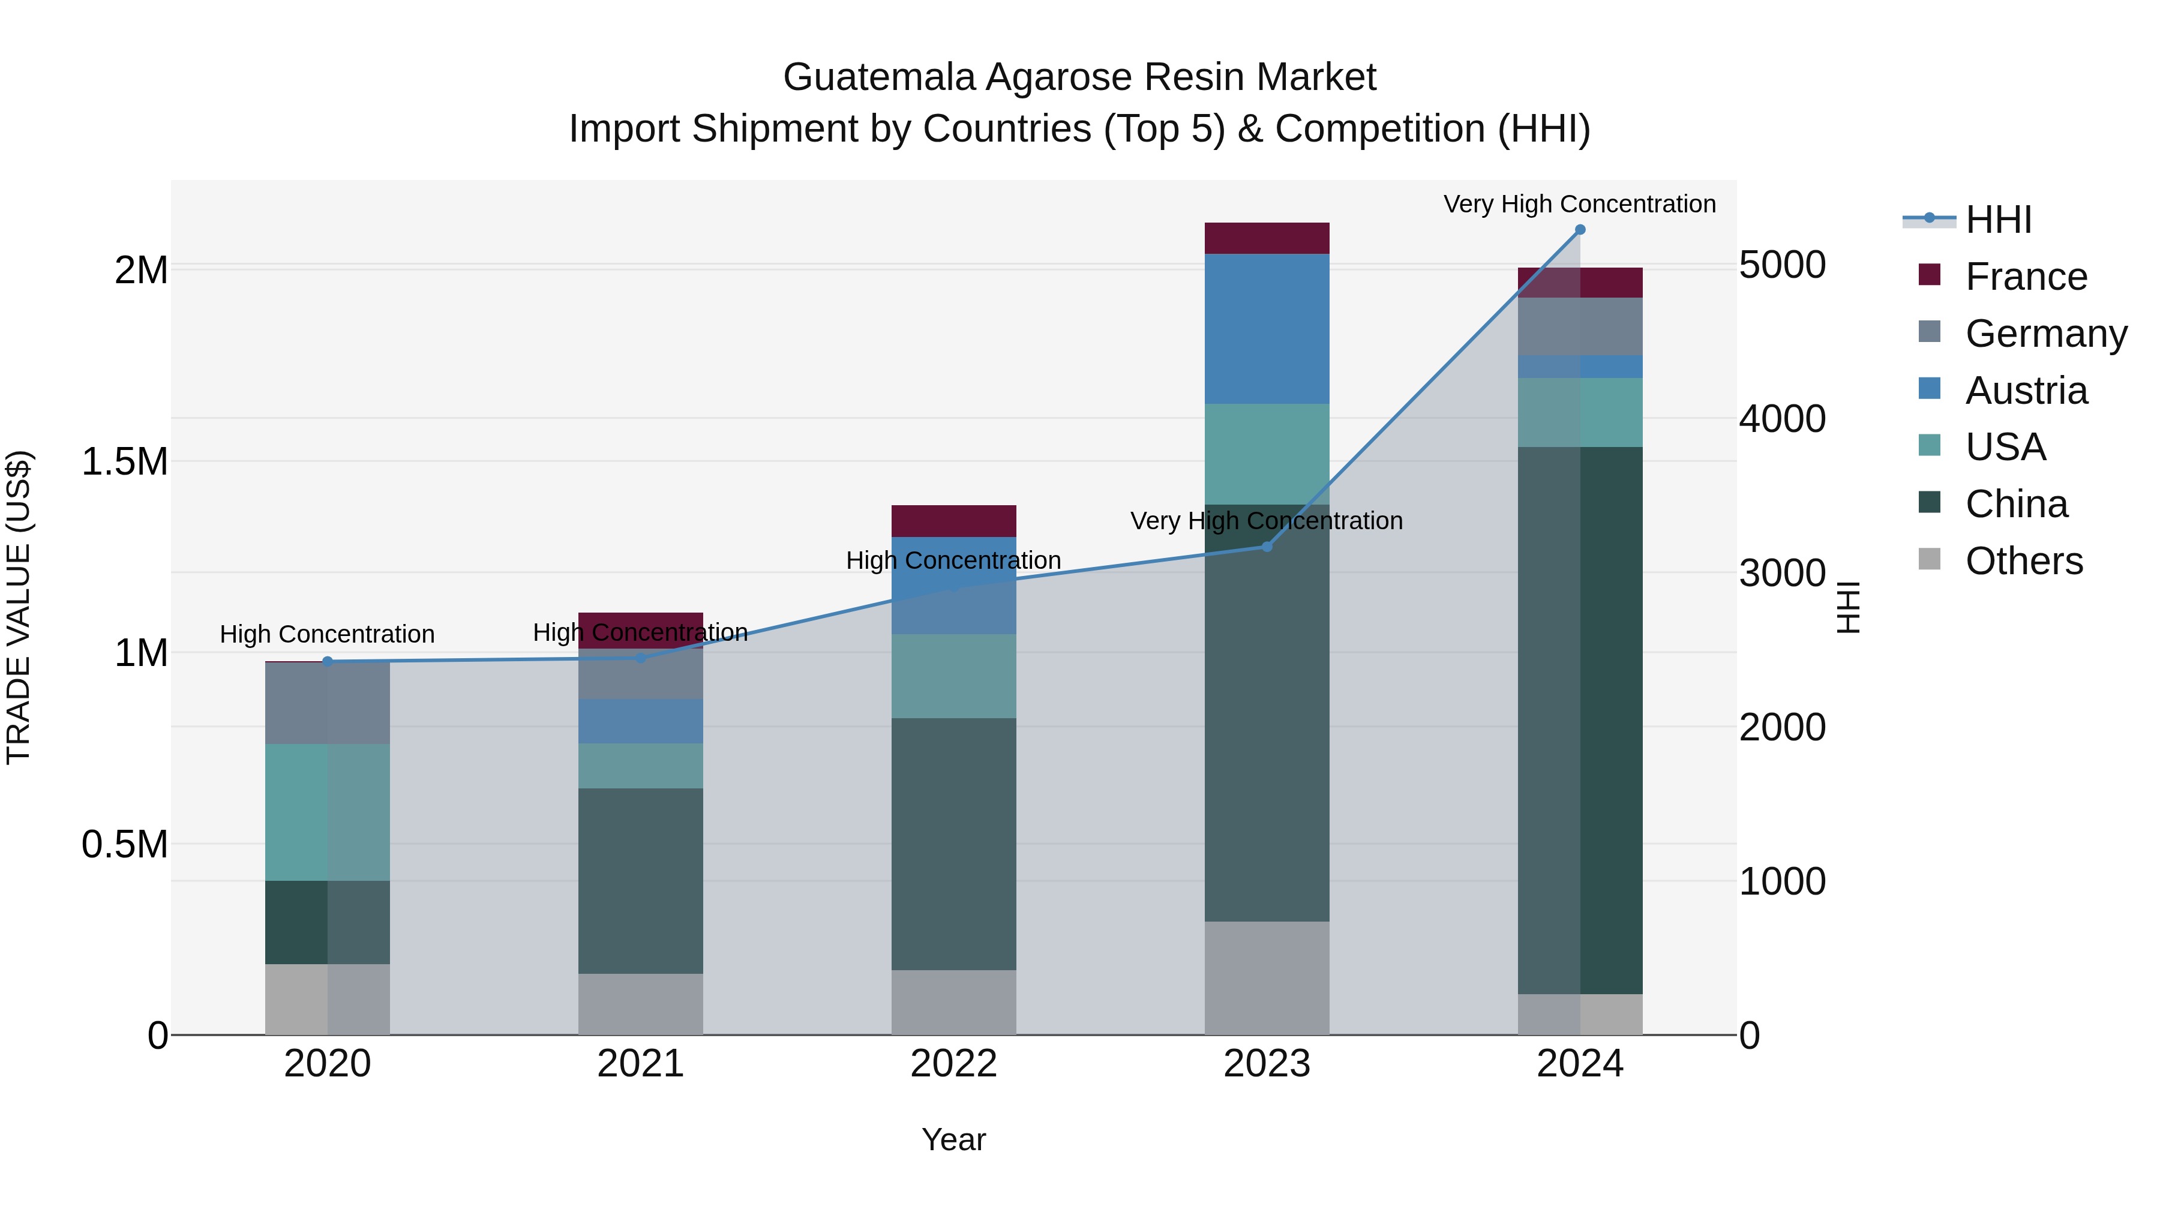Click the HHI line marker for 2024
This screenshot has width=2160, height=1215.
click(1580, 229)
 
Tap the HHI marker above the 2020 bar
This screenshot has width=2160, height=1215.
click(328, 662)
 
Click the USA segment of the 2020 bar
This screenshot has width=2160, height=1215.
click(328, 812)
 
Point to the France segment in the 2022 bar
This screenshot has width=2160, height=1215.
click(953, 521)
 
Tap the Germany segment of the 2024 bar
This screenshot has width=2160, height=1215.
click(1580, 326)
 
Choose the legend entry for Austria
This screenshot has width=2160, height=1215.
click(2026, 391)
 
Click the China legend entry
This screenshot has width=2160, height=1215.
click(2016, 504)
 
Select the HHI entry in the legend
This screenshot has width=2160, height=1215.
click(1997, 220)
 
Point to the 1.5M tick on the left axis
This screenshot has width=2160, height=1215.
click(125, 462)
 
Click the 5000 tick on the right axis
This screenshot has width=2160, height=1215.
click(1782, 265)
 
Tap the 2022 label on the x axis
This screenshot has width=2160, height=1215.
click(953, 1064)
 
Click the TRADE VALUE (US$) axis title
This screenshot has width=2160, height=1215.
click(19, 607)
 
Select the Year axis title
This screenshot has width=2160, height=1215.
click(953, 1139)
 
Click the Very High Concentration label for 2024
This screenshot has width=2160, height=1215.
click(1579, 204)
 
